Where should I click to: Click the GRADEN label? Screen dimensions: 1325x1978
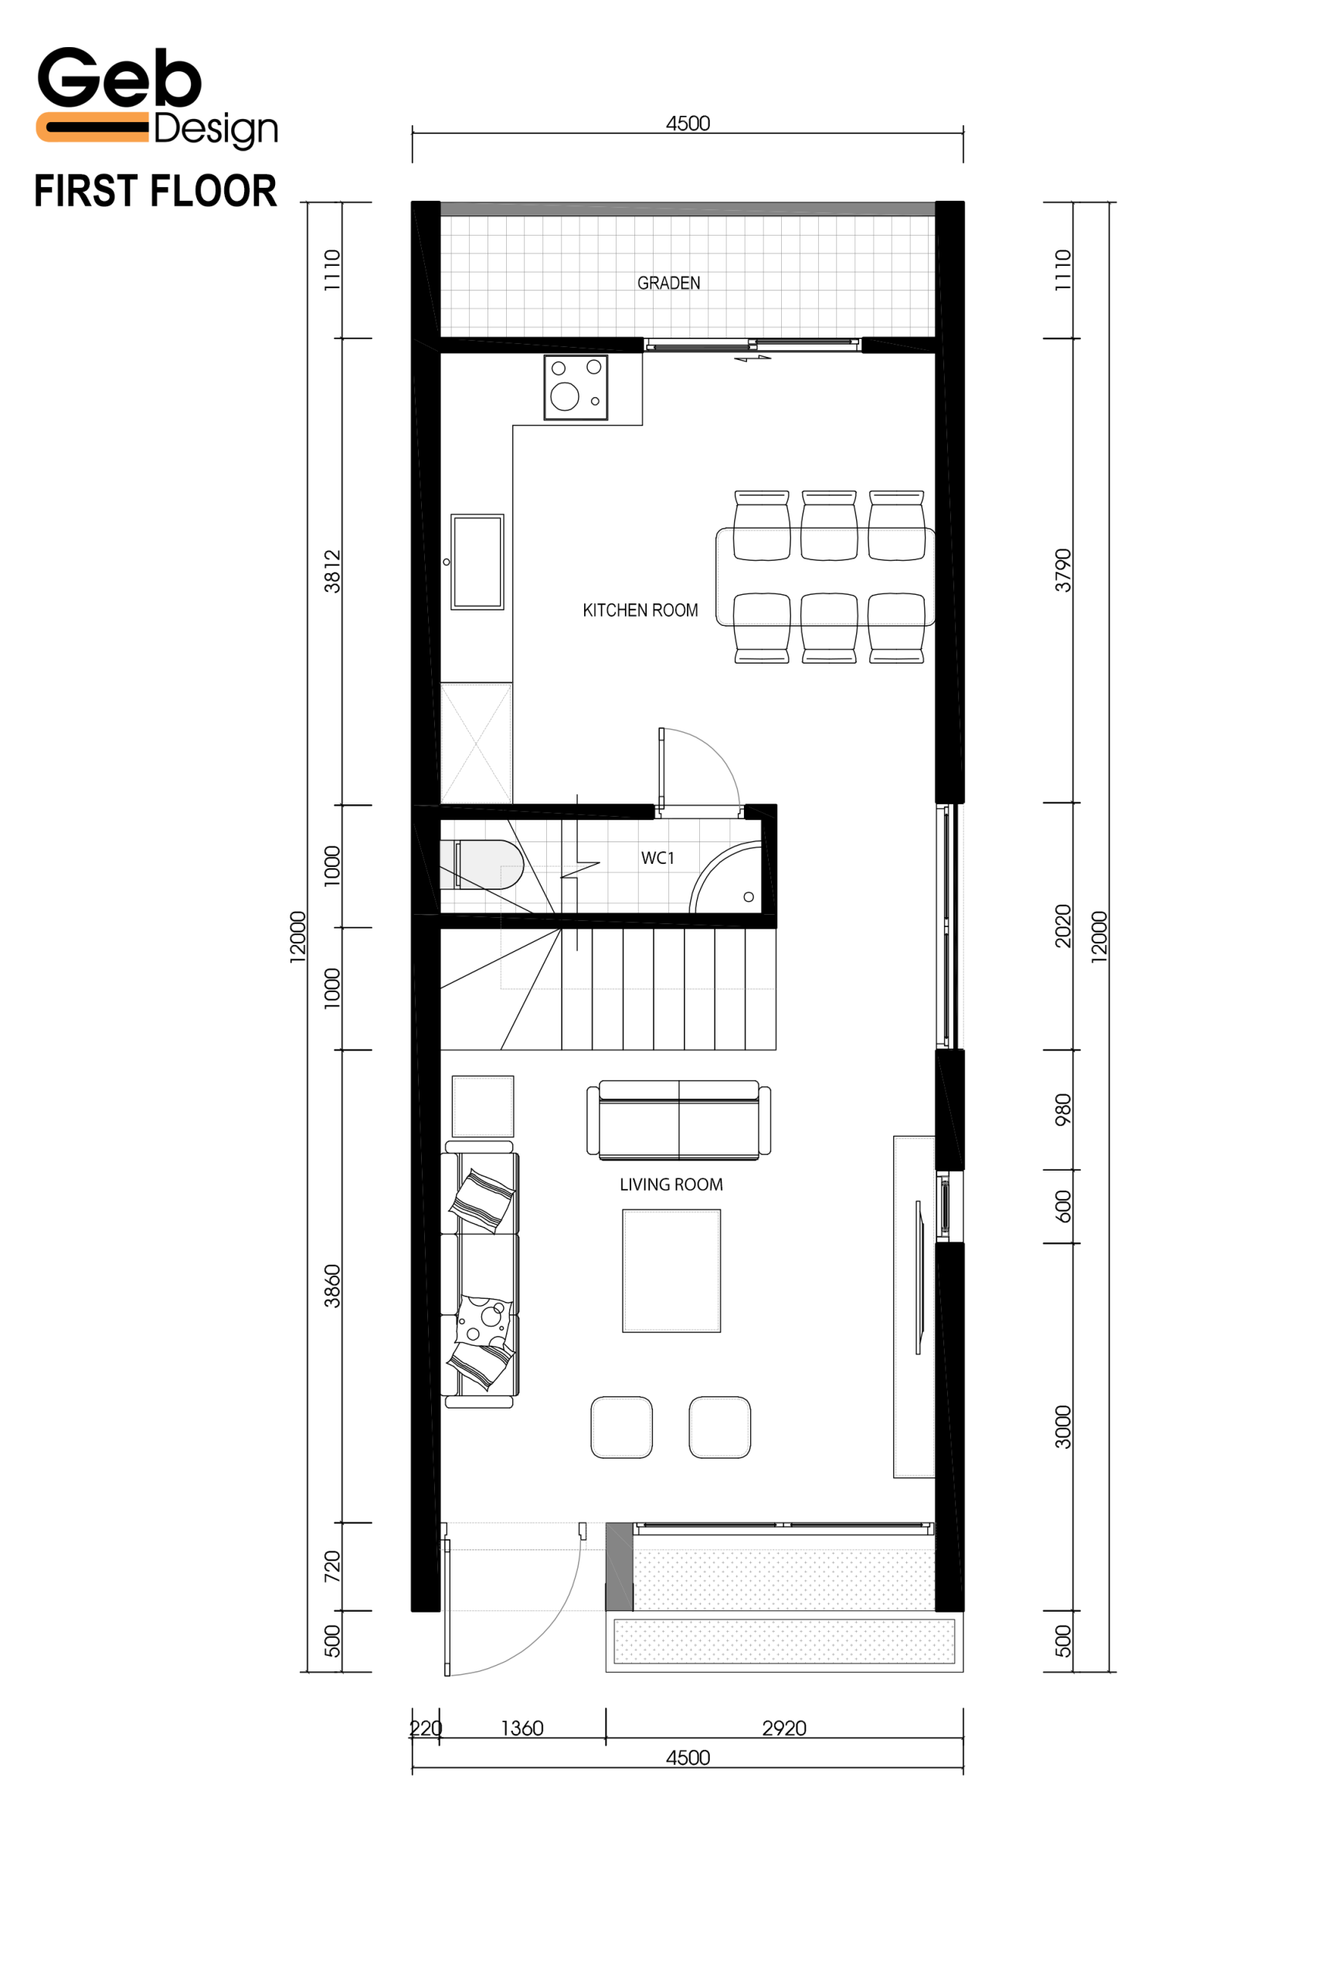coord(668,283)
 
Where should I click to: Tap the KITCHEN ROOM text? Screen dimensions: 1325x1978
coord(640,610)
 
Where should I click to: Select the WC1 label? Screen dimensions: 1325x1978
coord(657,858)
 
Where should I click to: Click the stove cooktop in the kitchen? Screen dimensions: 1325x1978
coord(576,388)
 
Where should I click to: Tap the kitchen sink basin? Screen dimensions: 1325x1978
coord(477,562)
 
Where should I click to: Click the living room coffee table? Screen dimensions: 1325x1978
coord(672,1271)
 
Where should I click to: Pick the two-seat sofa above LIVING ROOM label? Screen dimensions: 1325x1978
coord(678,1120)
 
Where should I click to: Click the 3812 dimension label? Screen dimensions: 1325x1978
coord(332,571)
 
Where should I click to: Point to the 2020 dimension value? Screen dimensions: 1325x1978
coord(1063,926)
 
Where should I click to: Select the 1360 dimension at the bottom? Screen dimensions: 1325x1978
coord(522,1728)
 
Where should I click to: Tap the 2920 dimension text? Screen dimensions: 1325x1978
coord(784,1728)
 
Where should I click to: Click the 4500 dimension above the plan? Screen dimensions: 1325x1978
coord(688,124)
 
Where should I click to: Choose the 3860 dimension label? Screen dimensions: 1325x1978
coord(332,1286)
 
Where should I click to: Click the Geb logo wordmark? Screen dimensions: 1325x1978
coord(119,78)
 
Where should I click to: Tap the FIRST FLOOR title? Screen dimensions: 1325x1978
coord(155,191)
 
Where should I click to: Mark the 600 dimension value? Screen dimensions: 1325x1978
coord(1063,1207)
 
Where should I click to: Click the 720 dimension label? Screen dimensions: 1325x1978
coord(332,1568)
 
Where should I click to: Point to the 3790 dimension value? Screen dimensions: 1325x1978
coord(1063,570)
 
